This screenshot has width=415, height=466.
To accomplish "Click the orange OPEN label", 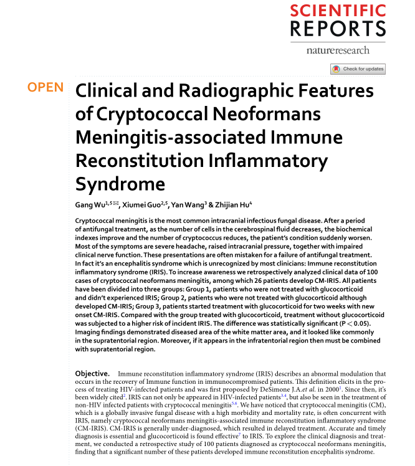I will tap(45, 87).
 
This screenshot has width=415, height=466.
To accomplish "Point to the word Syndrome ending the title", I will tap(120, 185).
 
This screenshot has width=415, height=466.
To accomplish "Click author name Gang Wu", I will tap(90, 204).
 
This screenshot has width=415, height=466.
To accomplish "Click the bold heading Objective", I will tap(92, 373).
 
